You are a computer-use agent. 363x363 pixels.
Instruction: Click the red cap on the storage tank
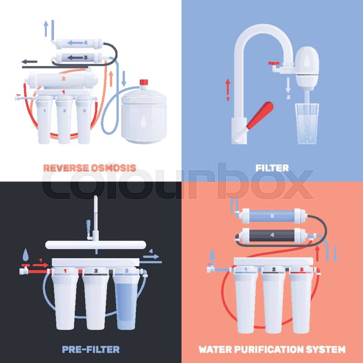coord(144,82)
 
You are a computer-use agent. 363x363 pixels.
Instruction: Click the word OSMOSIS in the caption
coord(113,168)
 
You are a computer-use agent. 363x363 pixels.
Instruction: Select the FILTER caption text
coord(272,168)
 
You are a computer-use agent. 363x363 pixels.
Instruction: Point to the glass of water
coord(307,123)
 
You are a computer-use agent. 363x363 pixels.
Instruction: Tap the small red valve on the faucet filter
coord(274,63)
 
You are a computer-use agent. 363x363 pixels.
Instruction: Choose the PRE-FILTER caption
coord(91,349)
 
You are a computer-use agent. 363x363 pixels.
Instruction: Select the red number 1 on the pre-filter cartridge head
coord(65,270)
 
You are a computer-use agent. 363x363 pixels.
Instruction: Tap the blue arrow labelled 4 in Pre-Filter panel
coord(151,256)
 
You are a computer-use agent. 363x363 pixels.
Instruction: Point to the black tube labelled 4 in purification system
coord(272,235)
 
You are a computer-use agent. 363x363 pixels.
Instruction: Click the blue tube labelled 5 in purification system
coord(272,216)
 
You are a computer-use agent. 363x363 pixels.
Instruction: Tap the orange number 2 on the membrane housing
coord(64,78)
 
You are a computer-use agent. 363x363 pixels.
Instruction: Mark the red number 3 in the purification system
coord(301,270)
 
